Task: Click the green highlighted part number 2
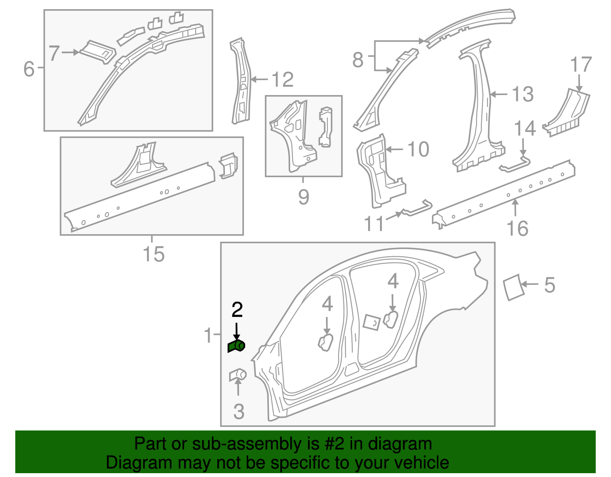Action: click(x=236, y=346)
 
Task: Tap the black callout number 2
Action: click(x=237, y=310)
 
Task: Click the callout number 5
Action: click(x=549, y=285)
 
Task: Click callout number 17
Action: click(x=581, y=65)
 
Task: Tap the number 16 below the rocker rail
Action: click(x=517, y=228)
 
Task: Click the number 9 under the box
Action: click(x=303, y=197)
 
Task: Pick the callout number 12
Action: click(x=282, y=80)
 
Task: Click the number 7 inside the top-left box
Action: click(x=54, y=53)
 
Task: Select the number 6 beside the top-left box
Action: click(x=29, y=69)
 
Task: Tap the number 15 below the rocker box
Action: click(x=154, y=254)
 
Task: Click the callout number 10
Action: click(x=418, y=149)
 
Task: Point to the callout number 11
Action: click(x=374, y=224)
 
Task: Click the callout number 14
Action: click(x=525, y=128)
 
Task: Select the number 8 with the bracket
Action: click(x=358, y=60)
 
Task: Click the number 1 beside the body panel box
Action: click(x=208, y=335)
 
